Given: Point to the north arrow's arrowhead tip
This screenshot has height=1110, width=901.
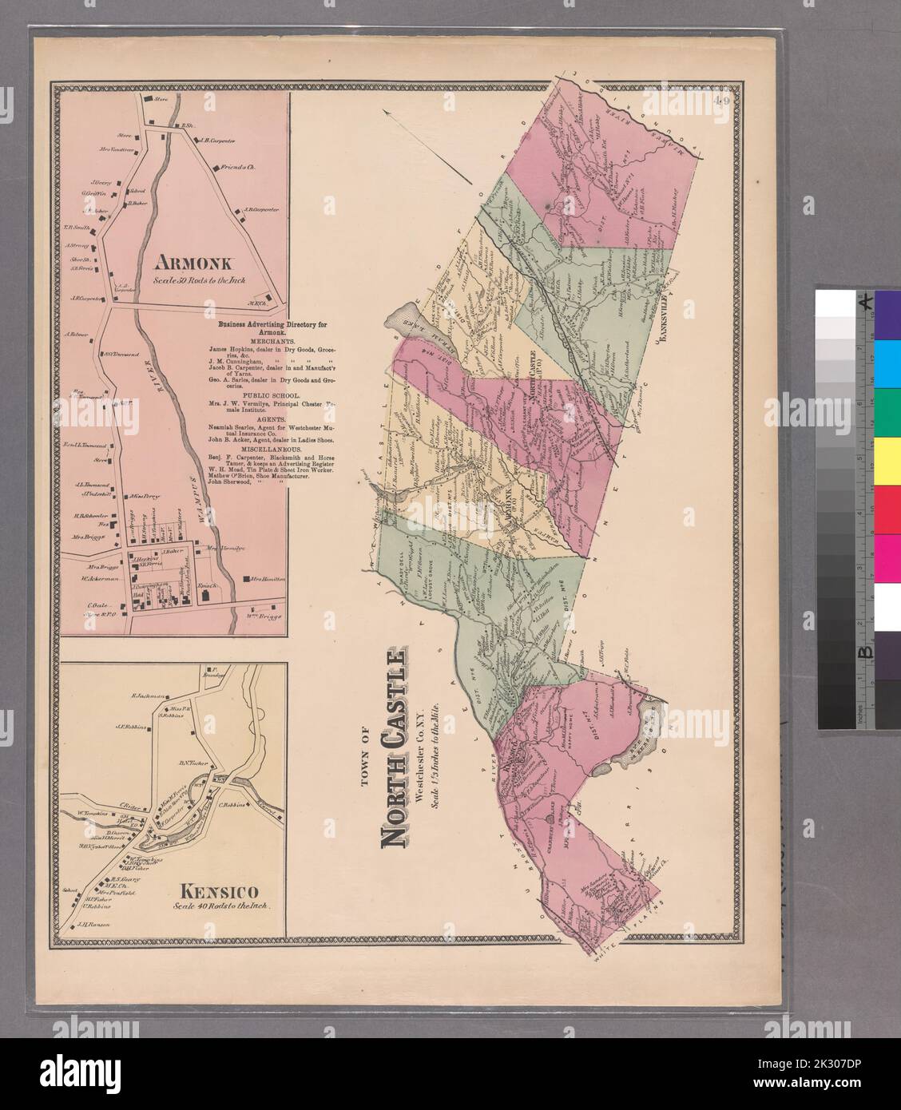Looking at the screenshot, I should (384, 113).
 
